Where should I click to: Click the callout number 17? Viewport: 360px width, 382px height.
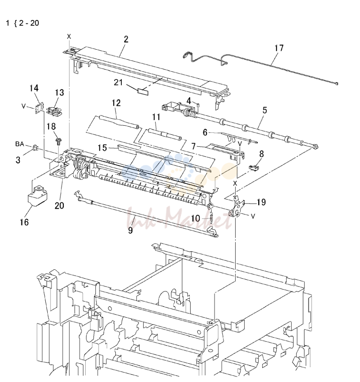pyautogui.click(x=279, y=48)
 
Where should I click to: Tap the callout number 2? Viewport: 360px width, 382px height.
pyautogui.click(x=126, y=39)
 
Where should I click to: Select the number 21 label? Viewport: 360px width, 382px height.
pyautogui.click(x=118, y=82)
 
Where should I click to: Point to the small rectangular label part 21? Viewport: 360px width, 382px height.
pyautogui.click(x=143, y=91)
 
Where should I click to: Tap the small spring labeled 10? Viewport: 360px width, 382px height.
pyautogui.click(x=211, y=217)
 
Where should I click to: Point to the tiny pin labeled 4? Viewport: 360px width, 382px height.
pyautogui.click(x=198, y=105)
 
